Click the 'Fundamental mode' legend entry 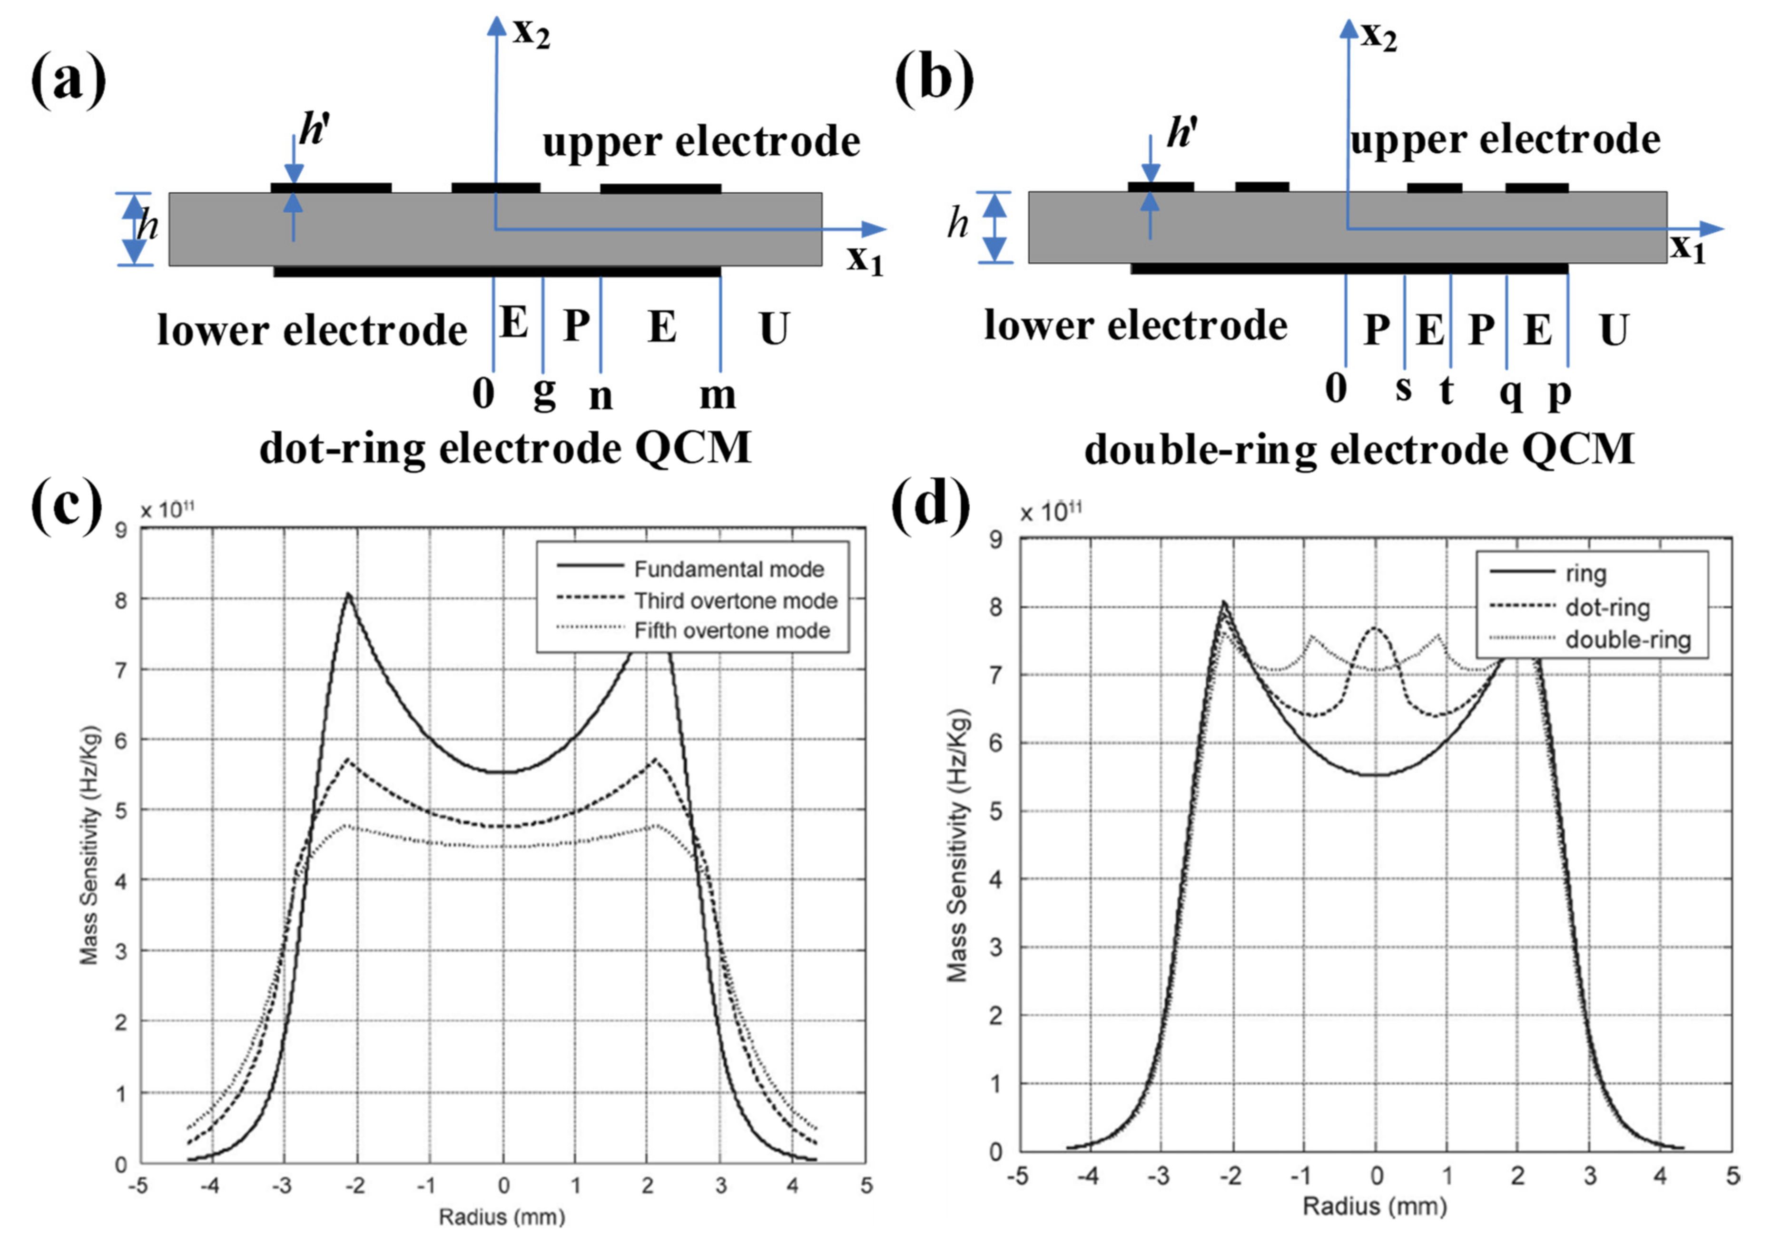click(728, 570)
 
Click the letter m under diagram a click(717, 395)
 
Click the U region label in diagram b click(1613, 330)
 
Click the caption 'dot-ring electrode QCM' click(505, 448)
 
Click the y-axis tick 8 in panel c click(121, 600)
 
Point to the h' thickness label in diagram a click(314, 130)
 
